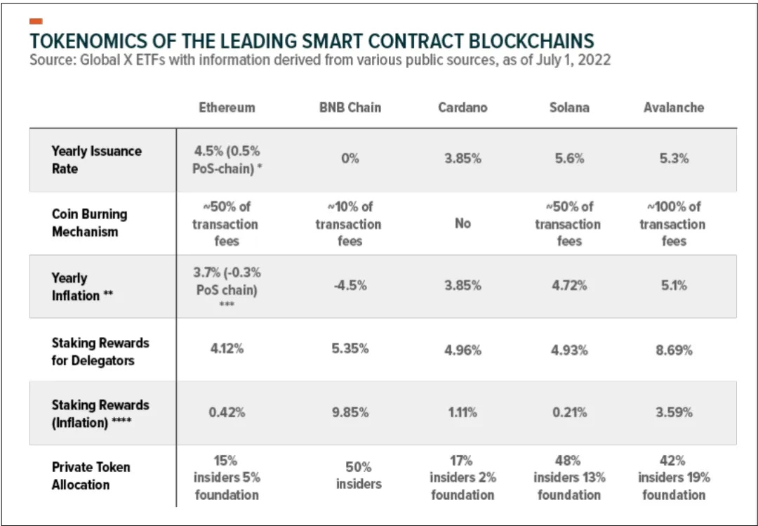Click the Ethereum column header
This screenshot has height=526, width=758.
[x=227, y=107]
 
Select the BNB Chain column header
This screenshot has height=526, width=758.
[x=350, y=107]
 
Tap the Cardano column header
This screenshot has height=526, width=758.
[x=463, y=107]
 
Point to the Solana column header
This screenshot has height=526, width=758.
[x=568, y=107]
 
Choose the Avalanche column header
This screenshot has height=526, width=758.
[x=673, y=107]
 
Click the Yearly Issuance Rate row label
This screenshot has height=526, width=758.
[x=96, y=160]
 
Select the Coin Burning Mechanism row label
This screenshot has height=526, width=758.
[x=90, y=223]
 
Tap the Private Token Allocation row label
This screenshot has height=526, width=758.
[x=91, y=475]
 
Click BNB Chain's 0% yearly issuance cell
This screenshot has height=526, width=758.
[x=350, y=159]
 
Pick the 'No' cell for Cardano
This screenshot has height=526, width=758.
[x=463, y=223]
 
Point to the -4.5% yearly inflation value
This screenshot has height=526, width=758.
[x=350, y=286]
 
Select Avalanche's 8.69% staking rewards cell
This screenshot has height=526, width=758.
[x=674, y=350]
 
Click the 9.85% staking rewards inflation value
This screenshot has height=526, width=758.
[x=350, y=413]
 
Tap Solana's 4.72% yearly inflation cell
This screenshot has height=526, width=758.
[x=568, y=286]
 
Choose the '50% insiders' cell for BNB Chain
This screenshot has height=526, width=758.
[x=358, y=475]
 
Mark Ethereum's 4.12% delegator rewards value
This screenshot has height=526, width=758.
[x=227, y=349]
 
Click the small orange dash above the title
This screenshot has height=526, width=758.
[x=36, y=22]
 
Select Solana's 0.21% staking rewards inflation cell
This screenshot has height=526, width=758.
[x=568, y=413]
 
